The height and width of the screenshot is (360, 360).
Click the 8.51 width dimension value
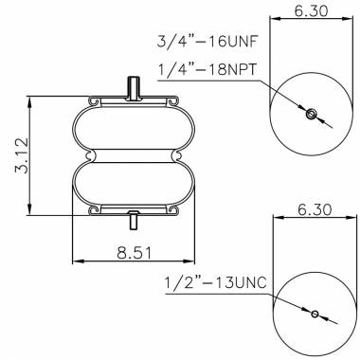pos(133,253)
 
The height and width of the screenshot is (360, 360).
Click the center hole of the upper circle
pos(311,115)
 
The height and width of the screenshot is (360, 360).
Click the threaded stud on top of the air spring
pos(134,88)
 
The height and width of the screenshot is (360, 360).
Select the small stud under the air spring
pos(134,221)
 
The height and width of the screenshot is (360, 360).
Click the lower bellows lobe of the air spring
pos(134,181)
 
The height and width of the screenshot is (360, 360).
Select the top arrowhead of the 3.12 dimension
pos(34,99)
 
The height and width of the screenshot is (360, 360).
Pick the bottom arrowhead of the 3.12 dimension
pos(34,210)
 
